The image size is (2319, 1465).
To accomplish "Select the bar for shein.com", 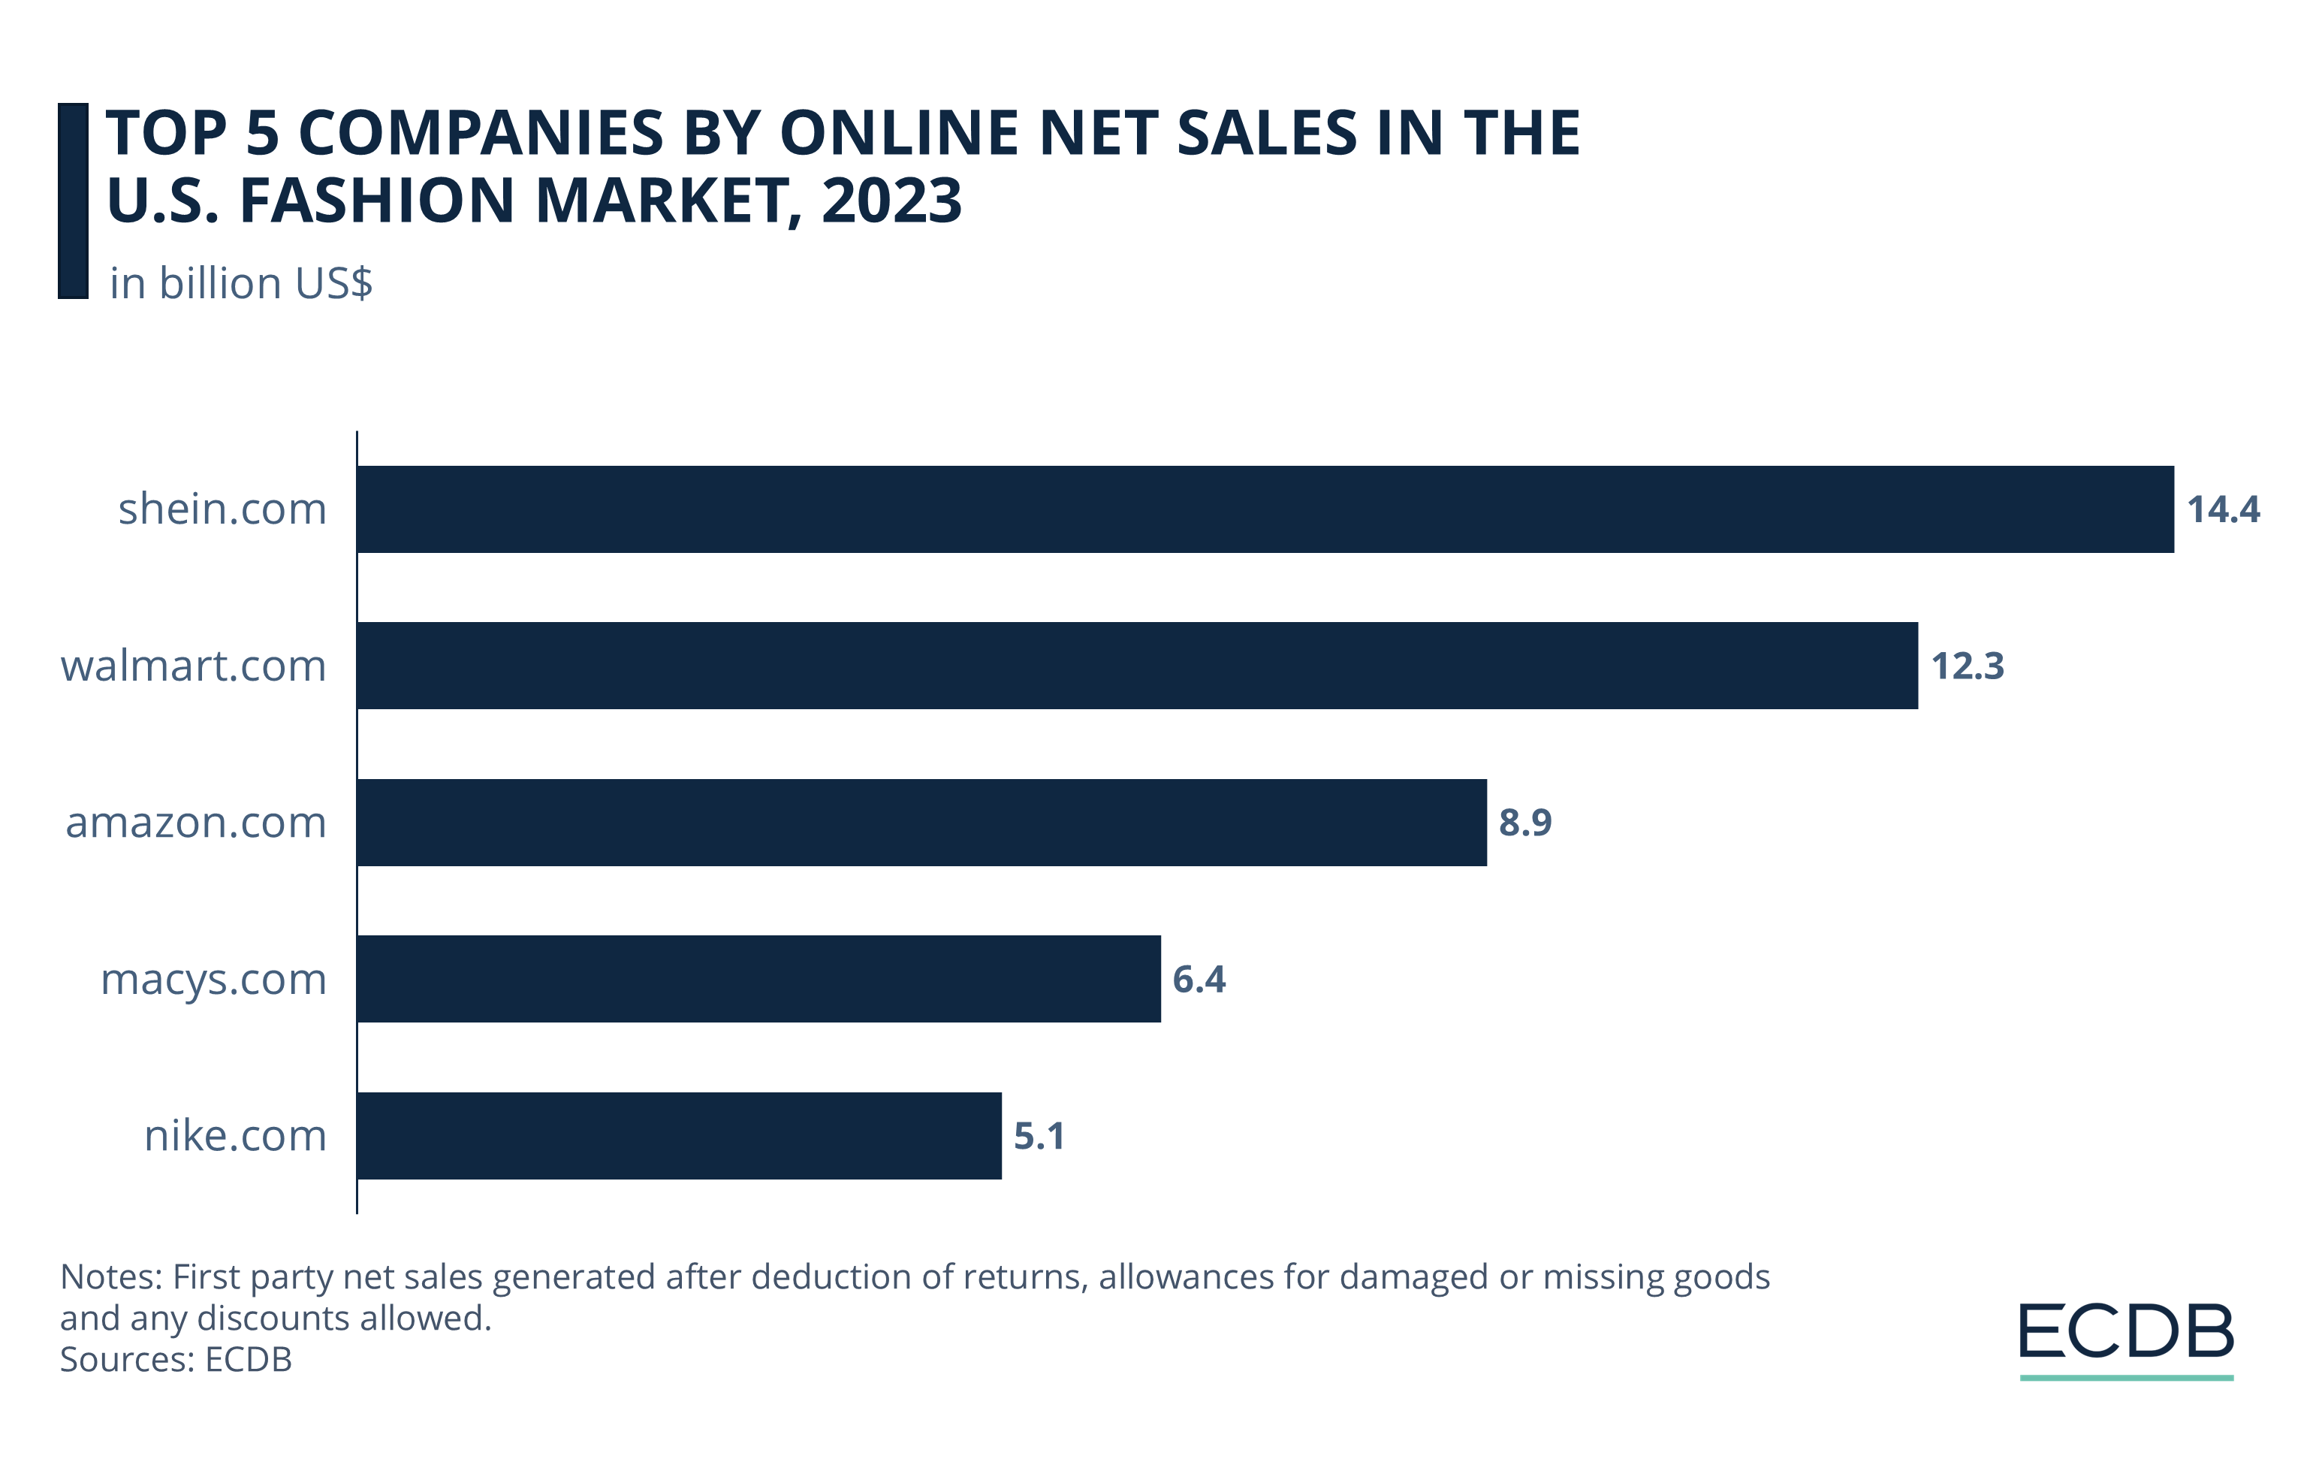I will point(1265,509).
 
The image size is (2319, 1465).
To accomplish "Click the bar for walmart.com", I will point(1136,666).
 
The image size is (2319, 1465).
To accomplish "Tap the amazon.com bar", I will point(921,823).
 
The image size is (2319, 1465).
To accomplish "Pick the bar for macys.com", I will point(759,979).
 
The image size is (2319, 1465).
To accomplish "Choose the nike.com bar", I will point(679,1136).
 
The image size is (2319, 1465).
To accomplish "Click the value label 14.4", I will point(2223,509).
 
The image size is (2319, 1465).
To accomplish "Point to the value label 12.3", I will point(1968,666).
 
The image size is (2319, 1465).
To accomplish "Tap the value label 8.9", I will point(1525,823).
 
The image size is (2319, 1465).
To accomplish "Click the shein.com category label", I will point(222,509).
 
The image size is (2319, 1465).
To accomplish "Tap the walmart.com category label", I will point(194,666).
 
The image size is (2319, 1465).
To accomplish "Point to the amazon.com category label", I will point(197,823).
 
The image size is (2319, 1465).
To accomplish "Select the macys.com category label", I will point(214,980).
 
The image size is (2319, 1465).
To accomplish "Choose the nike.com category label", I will point(236,1137).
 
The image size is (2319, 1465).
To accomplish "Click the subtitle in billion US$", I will point(241,283).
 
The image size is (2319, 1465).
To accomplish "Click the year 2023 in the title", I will point(891,201).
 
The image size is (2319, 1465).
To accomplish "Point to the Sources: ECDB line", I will point(175,1359).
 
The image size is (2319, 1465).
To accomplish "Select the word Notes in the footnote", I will point(110,1276).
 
